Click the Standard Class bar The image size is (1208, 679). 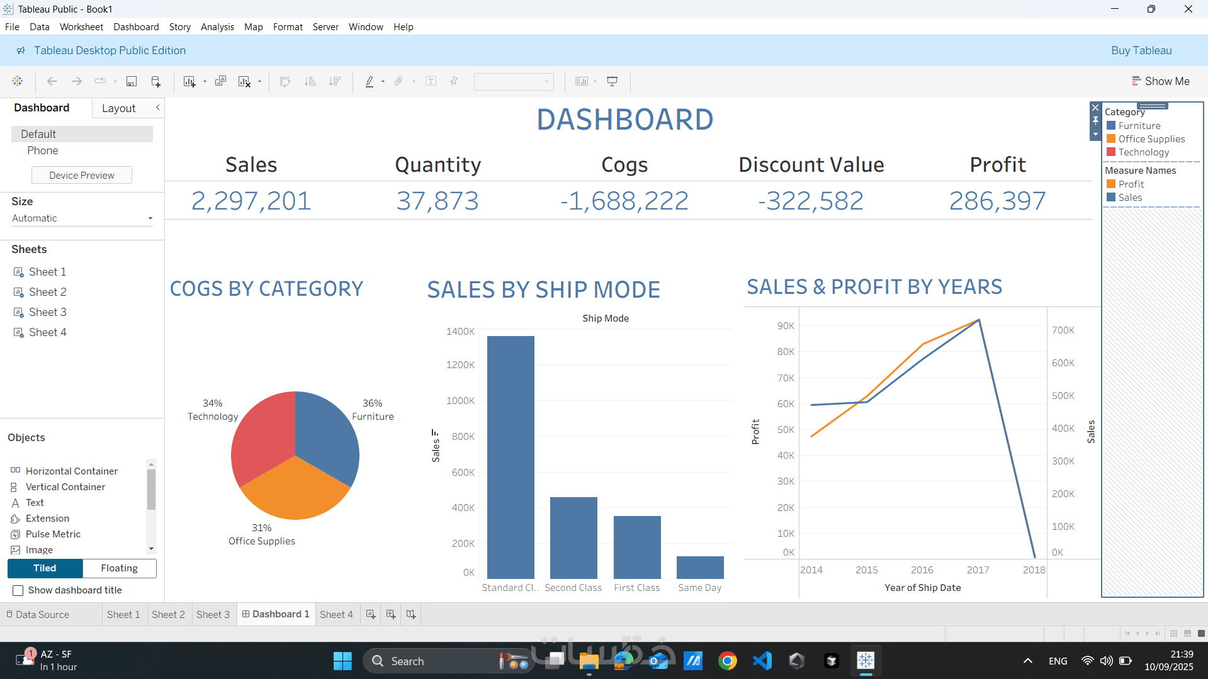point(511,457)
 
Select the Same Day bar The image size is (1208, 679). point(700,568)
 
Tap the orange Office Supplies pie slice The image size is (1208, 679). point(295,491)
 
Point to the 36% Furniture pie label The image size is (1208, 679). point(373,410)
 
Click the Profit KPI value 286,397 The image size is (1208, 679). point(997,201)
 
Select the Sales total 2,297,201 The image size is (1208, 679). point(251,201)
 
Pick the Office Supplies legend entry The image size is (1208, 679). point(1151,139)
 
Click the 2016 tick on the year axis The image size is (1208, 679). point(922,570)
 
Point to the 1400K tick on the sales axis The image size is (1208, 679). point(460,332)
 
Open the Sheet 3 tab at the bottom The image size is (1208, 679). point(213,614)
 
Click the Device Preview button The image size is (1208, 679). point(82,175)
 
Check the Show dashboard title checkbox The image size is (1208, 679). point(18,590)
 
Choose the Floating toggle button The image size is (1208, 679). point(119,568)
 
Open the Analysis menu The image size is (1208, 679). point(217,27)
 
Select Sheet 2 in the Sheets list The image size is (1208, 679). point(47,292)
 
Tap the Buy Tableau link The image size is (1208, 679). point(1141,50)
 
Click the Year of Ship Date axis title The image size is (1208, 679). point(922,588)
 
